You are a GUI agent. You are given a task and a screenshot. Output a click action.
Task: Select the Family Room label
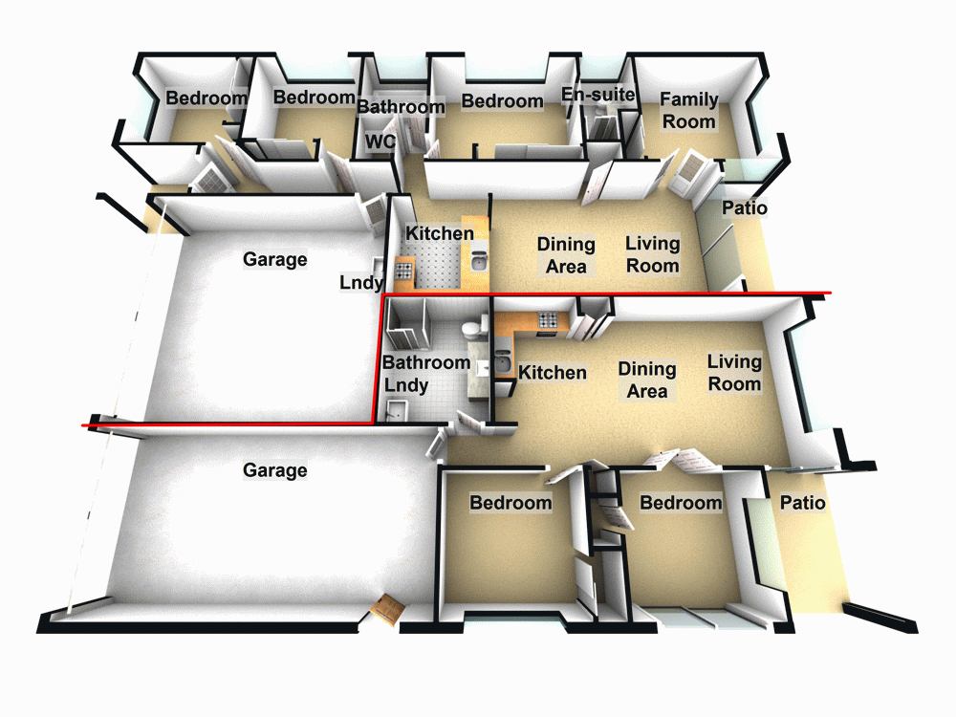(688, 110)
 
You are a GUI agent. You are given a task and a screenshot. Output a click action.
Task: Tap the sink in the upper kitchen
(479, 260)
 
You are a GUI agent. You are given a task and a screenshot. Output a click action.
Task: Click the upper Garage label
(274, 259)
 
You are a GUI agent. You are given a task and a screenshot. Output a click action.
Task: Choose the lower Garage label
(274, 470)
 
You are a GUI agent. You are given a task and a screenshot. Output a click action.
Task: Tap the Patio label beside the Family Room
(744, 208)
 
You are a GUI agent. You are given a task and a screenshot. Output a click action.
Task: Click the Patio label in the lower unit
(802, 503)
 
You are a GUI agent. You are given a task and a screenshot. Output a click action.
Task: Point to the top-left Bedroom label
(206, 98)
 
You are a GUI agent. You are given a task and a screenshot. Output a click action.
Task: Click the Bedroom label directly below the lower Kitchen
(511, 503)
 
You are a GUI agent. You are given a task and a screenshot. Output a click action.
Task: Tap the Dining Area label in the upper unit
(565, 255)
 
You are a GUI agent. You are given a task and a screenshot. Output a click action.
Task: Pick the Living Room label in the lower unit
(734, 373)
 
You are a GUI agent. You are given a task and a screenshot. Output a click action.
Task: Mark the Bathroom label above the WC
(401, 106)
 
